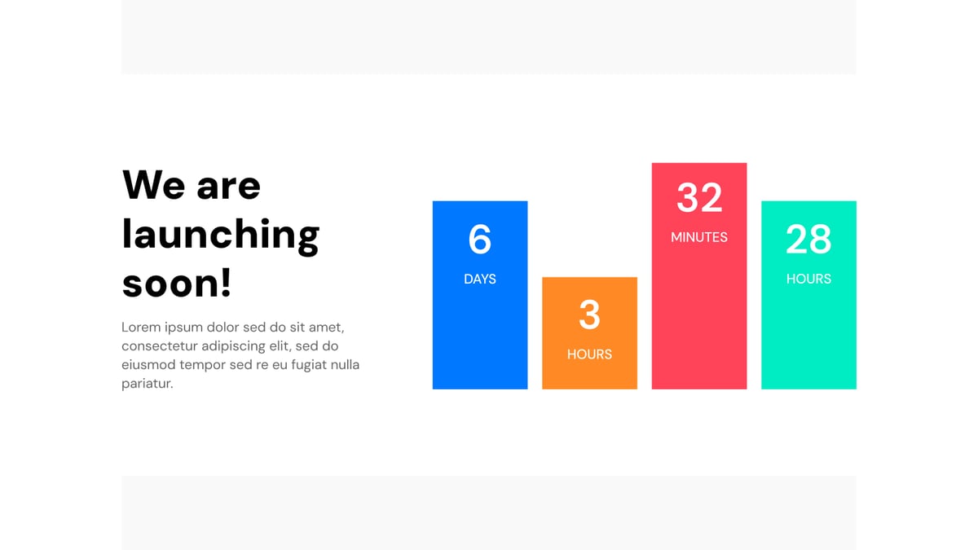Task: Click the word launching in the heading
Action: point(220,235)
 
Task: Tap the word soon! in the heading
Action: point(177,283)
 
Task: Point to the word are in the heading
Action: point(228,187)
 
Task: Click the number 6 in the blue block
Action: point(480,239)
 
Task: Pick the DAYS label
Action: point(480,279)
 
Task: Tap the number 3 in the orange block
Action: point(589,315)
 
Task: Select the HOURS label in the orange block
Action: point(589,354)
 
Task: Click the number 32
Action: point(699,198)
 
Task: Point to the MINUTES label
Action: point(699,237)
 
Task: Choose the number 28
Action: point(808,240)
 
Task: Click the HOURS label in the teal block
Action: point(808,279)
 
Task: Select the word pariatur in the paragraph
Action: point(146,384)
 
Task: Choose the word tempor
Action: point(202,365)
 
